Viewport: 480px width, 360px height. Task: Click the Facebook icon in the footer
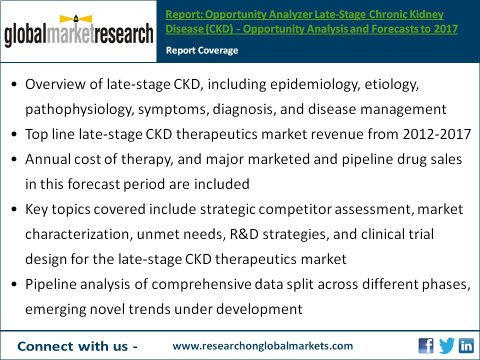[424, 345]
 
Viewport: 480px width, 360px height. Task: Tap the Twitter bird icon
[445, 345]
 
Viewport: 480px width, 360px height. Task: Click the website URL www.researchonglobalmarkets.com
[263, 345]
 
